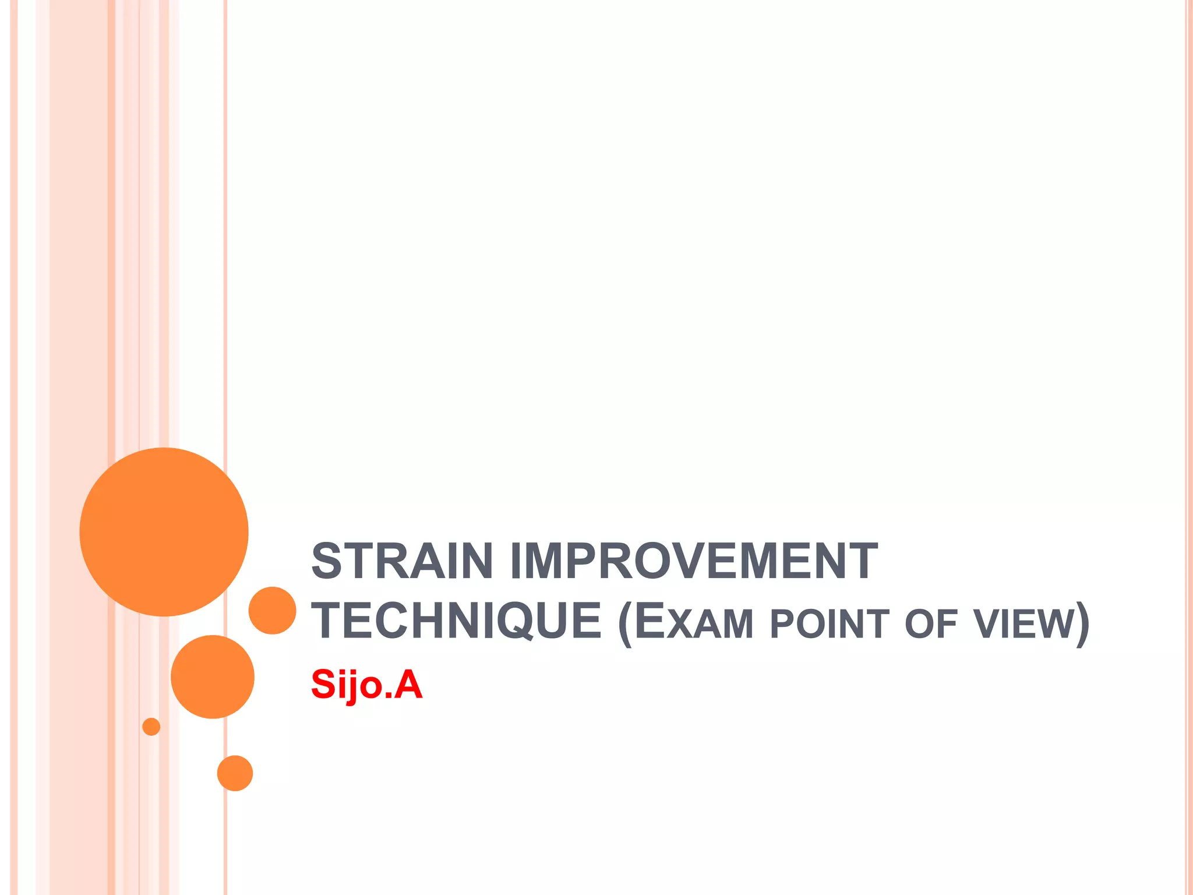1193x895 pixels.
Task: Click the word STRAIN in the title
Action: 402,561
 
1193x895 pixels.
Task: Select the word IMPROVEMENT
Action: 693,561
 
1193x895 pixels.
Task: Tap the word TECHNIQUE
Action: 456,621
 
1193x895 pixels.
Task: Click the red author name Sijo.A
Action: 366,685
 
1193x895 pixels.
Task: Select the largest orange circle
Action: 164,532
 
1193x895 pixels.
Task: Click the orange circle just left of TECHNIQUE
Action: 272,610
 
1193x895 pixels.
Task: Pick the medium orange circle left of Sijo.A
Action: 213,676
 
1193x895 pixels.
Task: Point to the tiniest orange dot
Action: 151,727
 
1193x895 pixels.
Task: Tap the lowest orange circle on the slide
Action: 235,773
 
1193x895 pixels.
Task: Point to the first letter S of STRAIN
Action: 326,561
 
